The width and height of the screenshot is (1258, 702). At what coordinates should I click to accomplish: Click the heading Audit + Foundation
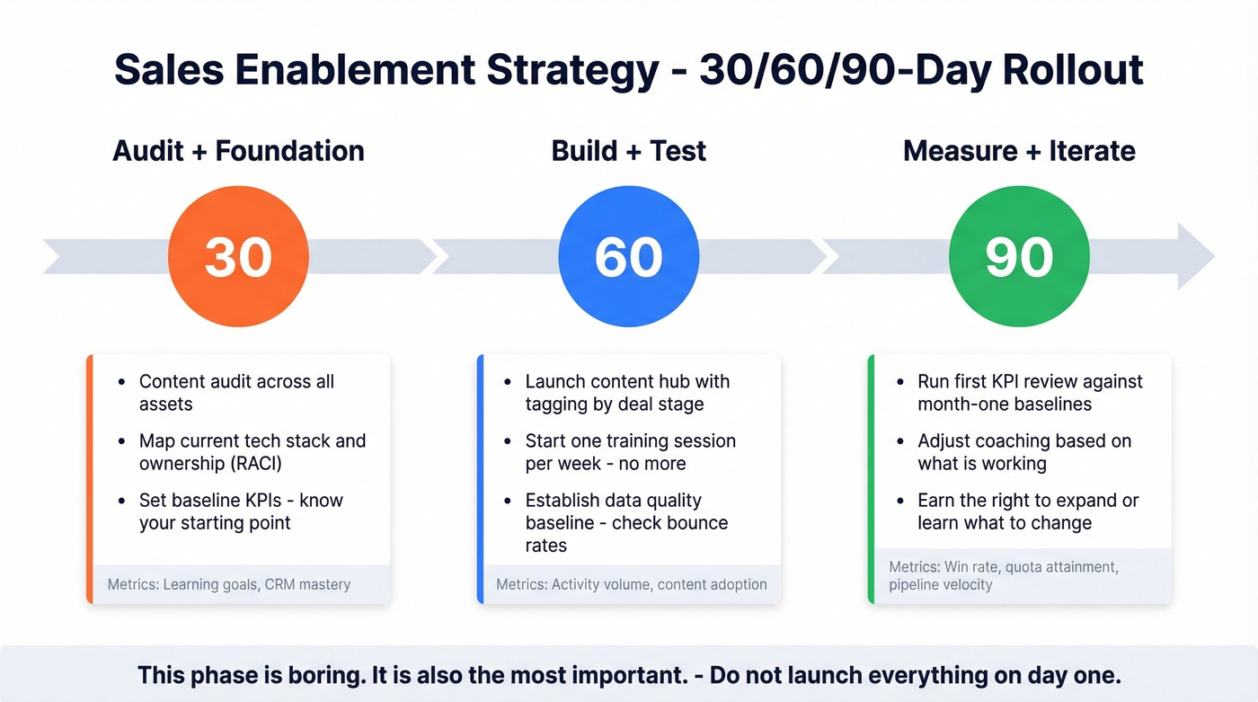pos(238,150)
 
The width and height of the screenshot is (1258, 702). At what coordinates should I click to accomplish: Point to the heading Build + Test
pos(629,150)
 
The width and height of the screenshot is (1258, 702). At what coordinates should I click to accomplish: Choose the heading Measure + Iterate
pos(1019,150)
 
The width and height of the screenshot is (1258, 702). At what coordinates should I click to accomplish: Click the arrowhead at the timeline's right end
pos(1195,256)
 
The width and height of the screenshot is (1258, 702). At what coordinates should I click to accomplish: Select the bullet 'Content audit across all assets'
pos(235,393)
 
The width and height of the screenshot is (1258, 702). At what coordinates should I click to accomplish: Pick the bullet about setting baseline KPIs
pos(240,511)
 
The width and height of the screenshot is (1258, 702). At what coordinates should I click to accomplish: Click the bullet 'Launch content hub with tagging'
pos(626,393)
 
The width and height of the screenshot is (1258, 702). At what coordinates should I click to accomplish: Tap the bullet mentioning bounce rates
pos(625,522)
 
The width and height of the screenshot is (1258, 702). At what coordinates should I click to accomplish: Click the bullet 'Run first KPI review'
pos(1029,393)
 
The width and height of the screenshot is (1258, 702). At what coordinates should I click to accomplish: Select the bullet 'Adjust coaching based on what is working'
pos(1023,452)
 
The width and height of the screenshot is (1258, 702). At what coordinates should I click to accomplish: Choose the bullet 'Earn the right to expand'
pos(1027,511)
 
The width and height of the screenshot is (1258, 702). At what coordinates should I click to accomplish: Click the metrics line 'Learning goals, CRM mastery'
pos(229,584)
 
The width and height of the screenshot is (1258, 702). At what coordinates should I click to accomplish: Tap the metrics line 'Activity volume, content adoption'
pos(632,584)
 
